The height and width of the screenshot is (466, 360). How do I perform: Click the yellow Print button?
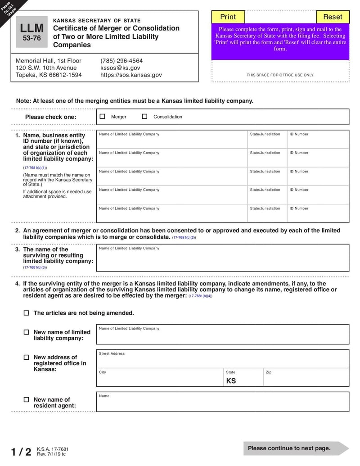[228, 17]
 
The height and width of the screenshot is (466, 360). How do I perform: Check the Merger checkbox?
[102, 116]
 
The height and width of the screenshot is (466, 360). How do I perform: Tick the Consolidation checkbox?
[144, 116]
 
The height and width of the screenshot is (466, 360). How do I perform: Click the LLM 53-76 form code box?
[31, 32]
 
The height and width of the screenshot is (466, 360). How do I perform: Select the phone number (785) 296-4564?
[121, 61]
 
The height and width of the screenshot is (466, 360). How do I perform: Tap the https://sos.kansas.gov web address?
[131, 75]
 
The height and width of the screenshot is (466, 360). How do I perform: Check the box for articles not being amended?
[26, 313]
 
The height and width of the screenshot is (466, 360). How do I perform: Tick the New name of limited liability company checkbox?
[26, 332]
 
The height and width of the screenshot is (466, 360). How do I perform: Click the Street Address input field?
[222, 361]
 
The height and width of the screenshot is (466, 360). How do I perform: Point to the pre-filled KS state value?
[231, 381]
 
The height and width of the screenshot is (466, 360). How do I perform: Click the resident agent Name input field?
[222, 404]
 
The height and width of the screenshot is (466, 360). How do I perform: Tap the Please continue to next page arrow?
[295, 448]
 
